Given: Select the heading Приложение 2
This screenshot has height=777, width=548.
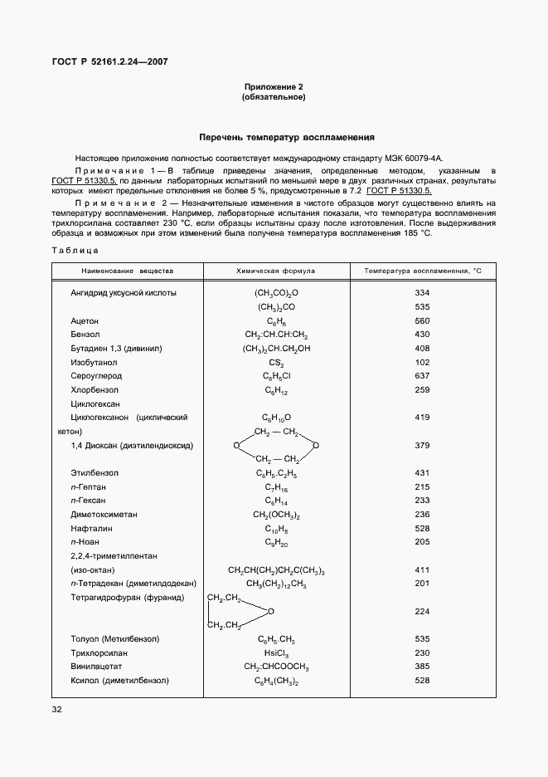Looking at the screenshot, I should tap(274, 87).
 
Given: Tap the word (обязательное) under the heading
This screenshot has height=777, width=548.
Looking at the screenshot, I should tap(274, 98).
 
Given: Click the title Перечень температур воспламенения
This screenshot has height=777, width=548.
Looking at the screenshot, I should tap(287, 138).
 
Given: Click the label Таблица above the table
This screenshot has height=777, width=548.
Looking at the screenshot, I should tap(75, 250).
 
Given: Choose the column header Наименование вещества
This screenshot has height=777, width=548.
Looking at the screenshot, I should tap(127, 271).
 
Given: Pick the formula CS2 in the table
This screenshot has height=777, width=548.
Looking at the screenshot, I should tap(276, 362).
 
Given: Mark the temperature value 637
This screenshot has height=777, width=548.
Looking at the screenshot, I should tap(422, 376).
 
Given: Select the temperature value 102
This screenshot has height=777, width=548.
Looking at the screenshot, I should tap(422, 362).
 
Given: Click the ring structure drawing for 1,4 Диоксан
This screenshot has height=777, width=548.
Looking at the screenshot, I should tap(276, 446).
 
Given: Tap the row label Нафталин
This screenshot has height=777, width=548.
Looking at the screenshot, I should tap(91, 528).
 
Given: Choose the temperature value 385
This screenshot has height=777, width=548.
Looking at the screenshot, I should tap(422, 667).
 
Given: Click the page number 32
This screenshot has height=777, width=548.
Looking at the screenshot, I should tap(57, 710).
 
